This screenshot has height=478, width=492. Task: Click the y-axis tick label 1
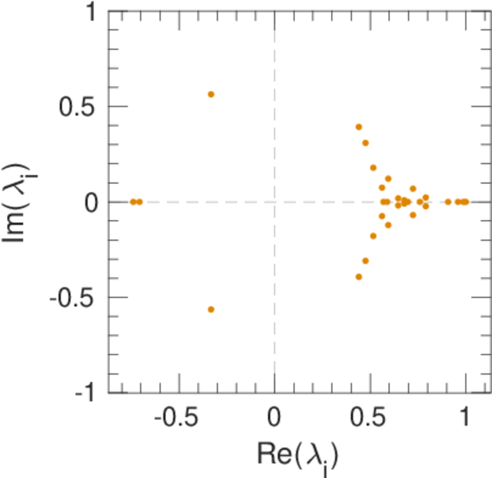pyautogui.click(x=94, y=13)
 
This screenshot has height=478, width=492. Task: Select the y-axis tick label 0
pyautogui.click(x=93, y=202)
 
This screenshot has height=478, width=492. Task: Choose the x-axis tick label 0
pyautogui.click(x=274, y=419)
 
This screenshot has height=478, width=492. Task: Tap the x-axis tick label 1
pyautogui.click(x=465, y=419)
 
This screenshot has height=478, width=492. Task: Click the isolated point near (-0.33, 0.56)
pyautogui.click(x=211, y=94)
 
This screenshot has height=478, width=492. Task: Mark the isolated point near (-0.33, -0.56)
pyautogui.click(x=211, y=309)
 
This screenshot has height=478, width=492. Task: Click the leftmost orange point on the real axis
pyautogui.click(x=133, y=202)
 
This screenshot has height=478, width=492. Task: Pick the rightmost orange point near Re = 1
pyautogui.click(x=466, y=202)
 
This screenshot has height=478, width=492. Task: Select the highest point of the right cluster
pyautogui.click(x=359, y=127)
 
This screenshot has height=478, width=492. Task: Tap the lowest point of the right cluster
pyautogui.click(x=359, y=276)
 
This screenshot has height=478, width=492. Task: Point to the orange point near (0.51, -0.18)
pyautogui.click(x=372, y=236)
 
